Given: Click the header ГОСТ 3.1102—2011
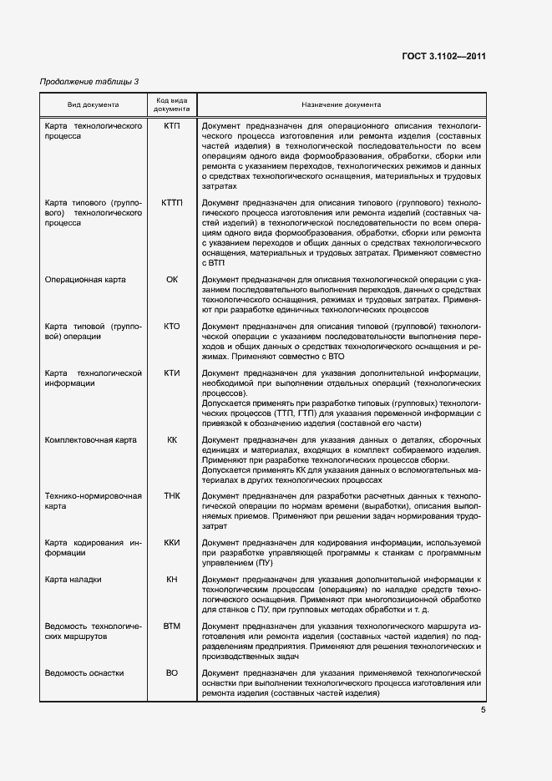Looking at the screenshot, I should tap(443, 57).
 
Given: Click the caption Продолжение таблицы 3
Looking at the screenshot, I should tap(90, 81).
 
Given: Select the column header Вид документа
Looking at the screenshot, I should tap(93, 105).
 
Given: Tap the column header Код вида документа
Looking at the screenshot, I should tap(172, 105).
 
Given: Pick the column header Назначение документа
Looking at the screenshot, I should tap(342, 105).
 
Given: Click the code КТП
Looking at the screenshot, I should tap(172, 125).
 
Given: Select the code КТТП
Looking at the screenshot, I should tap(172, 203).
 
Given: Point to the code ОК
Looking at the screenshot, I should tap(172, 280).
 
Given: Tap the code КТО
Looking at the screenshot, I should tap(172, 327).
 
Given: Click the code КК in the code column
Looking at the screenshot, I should tap(172, 439).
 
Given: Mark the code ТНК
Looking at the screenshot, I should tap(172, 496).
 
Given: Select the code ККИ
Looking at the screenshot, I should tap(172, 543).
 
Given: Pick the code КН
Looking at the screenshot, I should tap(172, 579).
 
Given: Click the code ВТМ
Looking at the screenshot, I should tap(172, 626).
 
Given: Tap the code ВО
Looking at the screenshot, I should tap(172, 672).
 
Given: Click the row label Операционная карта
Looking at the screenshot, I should tap(85, 280).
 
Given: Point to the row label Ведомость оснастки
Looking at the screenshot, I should tap(84, 672).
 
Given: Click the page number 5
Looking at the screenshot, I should tap(483, 710).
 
